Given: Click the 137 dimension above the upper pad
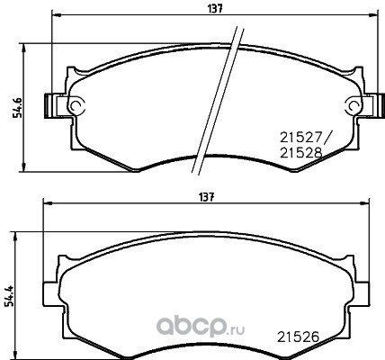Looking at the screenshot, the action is (x=215, y=9).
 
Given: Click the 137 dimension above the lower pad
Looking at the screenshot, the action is (x=207, y=197).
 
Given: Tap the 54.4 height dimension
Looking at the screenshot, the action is (x=9, y=296).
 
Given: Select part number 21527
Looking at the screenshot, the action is (x=300, y=138).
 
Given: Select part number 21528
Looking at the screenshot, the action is (x=300, y=153).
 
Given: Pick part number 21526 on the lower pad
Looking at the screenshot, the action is (x=298, y=337).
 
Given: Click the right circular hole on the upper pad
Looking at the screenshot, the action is (x=354, y=105).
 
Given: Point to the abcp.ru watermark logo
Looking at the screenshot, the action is (x=201, y=327).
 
